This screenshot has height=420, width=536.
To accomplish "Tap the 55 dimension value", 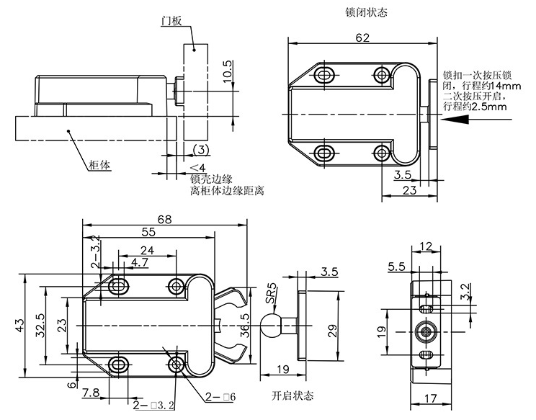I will click(148, 233).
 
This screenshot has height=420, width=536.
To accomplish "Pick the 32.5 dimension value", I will click(43, 326).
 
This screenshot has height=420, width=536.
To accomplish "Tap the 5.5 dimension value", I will click(396, 267).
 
